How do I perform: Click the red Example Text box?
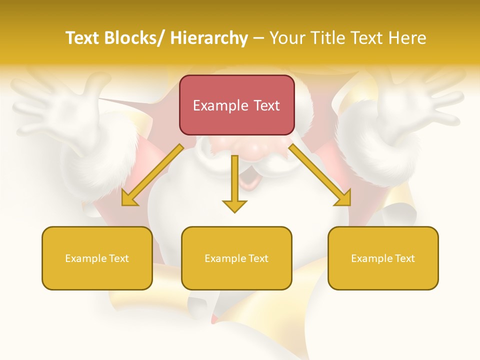pos(236,105)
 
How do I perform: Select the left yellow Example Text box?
pos(97,258)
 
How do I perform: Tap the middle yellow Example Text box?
pos(236,258)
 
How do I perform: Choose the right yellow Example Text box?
pos(383,258)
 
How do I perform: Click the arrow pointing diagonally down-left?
pos(152,174)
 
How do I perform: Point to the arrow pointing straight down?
pos(234,183)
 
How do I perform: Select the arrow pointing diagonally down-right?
pos(320,174)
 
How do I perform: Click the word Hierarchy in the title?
pos(209,38)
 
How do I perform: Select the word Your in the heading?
pos(287,38)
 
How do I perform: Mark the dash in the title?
pos(258,38)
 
